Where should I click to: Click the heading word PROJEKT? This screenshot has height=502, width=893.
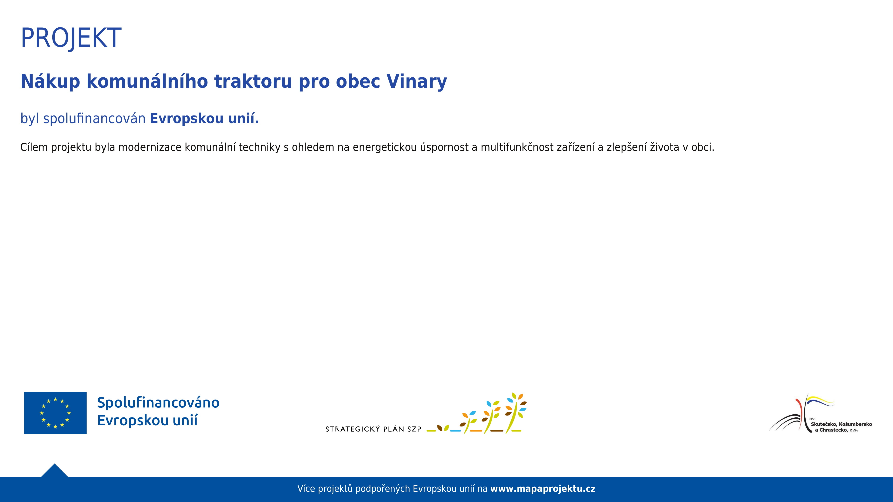[71, 38]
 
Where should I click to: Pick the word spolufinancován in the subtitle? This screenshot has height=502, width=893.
[94, 119]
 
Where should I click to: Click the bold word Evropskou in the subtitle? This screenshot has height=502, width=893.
[187, 119]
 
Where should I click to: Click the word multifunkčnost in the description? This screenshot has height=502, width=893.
[517, 147]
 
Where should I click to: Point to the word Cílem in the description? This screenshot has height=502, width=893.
[34, 147]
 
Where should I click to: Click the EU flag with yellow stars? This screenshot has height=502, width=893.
[56, 413]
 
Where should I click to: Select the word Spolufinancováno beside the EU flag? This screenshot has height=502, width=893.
[158, 403]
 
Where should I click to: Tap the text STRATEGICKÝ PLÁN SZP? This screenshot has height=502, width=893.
[373, 429]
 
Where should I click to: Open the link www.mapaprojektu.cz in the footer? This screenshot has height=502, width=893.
[543, 489]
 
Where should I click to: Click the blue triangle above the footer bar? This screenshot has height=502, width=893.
[54, 471]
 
